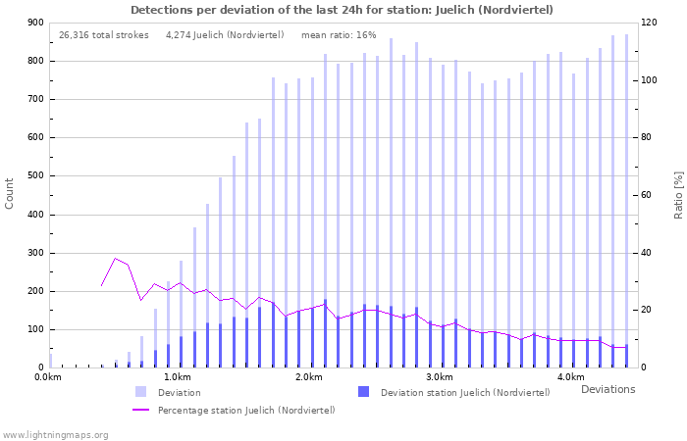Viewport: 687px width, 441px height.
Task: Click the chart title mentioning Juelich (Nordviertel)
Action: pos(342,10)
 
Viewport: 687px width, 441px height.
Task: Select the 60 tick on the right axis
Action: pos(649,195)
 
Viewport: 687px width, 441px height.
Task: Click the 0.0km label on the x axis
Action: pos(49,377)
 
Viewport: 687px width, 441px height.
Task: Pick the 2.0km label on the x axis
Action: pos(309,377)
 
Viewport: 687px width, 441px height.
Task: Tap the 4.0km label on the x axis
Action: pos(570,377)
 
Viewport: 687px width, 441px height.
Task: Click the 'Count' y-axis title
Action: pos(10,193)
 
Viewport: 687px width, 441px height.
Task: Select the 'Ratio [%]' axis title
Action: pos(678,193)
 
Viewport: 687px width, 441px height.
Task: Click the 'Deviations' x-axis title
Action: pos(608,389)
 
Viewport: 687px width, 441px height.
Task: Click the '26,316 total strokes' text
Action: pos(104,35)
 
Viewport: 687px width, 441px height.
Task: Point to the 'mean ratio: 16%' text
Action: pos(339,35)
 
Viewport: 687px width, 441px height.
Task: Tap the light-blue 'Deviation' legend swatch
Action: pos(141,392)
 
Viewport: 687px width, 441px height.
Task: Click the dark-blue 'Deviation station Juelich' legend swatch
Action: pos(364,392)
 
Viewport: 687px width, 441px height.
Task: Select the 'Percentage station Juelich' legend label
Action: pos(246,410)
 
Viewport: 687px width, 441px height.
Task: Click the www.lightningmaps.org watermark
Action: pos(56,434)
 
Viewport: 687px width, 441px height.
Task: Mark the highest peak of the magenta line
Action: pos(116,259)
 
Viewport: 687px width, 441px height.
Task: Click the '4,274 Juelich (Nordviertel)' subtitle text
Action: pos(225,35)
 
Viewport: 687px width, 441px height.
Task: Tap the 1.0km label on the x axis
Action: pos(179,377)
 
